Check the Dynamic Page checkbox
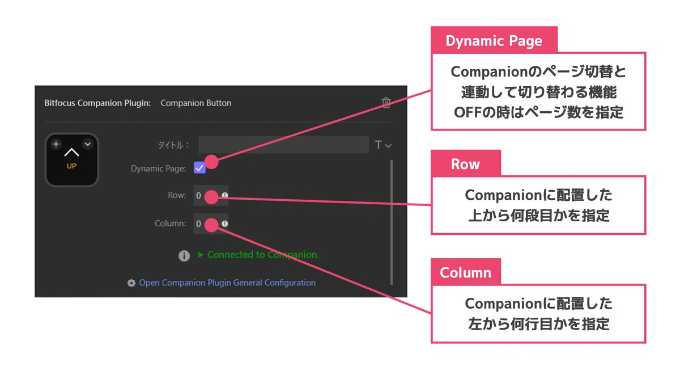click(x=199, y=168)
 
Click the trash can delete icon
click(x=386, y=103)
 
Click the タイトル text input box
click(x=283, y=145)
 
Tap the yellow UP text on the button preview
click(x=71, y=166)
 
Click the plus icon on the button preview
click(x=56, y=144)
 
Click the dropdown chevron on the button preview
click(x=88, y=144)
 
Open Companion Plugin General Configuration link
click(x=227, y=283)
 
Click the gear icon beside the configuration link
click(x=131, y=283)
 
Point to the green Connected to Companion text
click(x=263, y=255)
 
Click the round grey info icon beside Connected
click(x=184, y=256)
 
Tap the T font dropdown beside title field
click(x=383, y=145)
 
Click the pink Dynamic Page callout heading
click(x=494, y=40)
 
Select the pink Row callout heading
click(x=465, y=164)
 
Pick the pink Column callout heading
click(x=465, y=272)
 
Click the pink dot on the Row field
click(x=211, y=197)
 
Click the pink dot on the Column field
click(x=211, y=225)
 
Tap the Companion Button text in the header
click(x=196, y=103)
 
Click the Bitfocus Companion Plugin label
click(x=97, y=103)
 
